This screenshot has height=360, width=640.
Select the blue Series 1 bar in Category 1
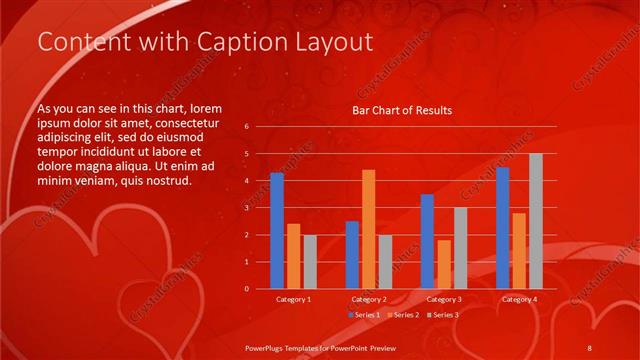tap(277, 231)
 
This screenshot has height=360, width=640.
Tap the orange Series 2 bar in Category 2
tap(369, 229)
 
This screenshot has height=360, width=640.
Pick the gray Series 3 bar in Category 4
tap(536, 221)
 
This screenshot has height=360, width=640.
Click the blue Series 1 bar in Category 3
tap(427, 241)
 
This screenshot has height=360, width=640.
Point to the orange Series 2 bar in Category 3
tap(444, 264)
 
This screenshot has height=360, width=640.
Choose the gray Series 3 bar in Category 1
tap(310, 262)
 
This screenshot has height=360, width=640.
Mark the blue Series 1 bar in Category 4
tap(502, 228)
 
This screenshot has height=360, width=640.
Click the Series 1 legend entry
tap(365, 315)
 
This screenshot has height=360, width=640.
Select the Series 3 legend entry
tap(445, 315)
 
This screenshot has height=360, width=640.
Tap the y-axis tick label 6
tap(247, 127)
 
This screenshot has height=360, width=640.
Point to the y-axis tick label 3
tap(247, 208)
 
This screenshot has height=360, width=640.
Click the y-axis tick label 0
tap(247, 289)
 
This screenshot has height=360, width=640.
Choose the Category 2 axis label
tap(369, 299)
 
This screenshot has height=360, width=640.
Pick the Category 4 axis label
tap(519, 299)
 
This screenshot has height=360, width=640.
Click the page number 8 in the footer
tap(590, 347)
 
